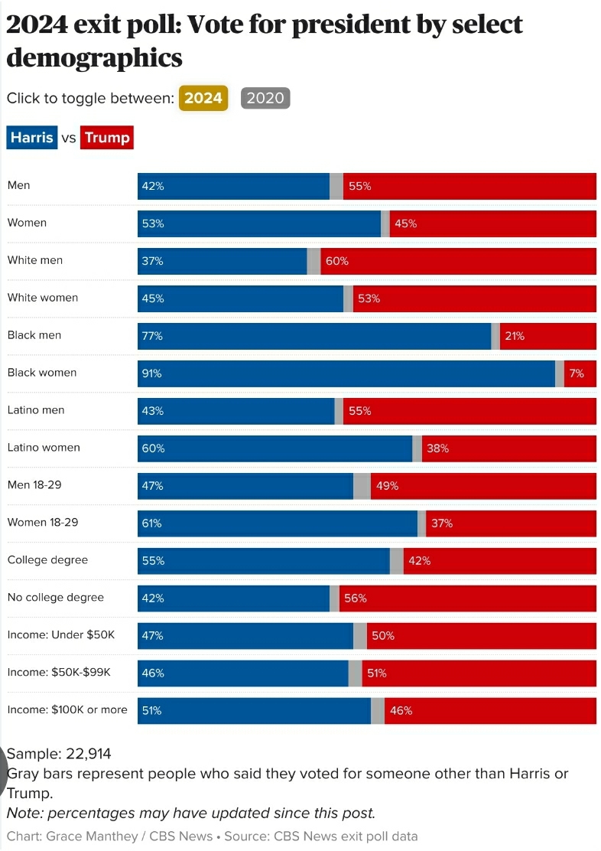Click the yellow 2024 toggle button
tap(203, 98)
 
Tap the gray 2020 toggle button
tap(265, 98)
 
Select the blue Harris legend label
tap(31, 138)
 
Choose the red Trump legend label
tap(107, 138)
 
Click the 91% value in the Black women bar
tap(151, 373)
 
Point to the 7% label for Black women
tap(577, 373)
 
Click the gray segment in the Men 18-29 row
tap(362, 486)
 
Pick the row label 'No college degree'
tap(55, 598)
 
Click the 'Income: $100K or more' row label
tap(67, 710)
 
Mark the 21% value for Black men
tap(514, 336)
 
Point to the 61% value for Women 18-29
tap(151, 523)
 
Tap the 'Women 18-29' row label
tap(43, 523)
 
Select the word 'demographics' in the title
tap(94, 57)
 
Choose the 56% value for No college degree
tap(356, 598)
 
